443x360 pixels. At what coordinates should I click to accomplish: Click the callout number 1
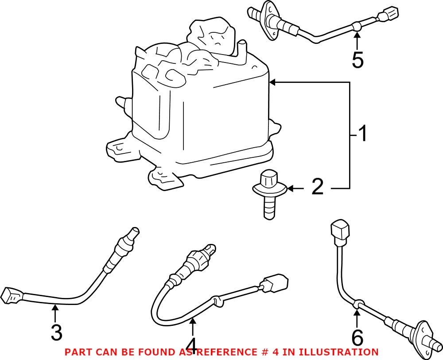[362, 134]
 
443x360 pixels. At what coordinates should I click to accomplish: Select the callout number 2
[318, 188]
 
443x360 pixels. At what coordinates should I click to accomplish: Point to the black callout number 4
[191, 344]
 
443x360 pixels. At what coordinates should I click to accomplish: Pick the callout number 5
[357, 60]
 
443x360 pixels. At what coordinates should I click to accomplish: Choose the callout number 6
[357, 338]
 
